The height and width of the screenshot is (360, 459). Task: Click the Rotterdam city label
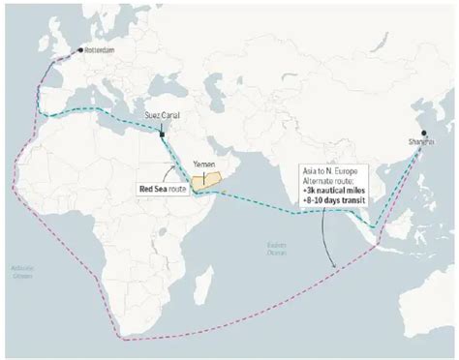click(100, 48)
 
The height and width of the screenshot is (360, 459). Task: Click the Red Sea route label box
click(161, 189)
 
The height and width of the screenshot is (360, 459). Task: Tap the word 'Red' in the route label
click(145, 189)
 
